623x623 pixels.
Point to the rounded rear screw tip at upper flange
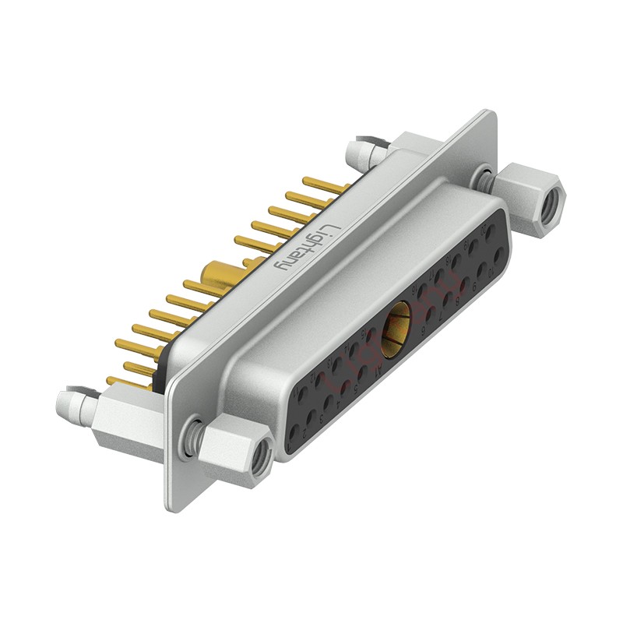(359, 148)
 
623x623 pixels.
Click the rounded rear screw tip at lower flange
(69, 403)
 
